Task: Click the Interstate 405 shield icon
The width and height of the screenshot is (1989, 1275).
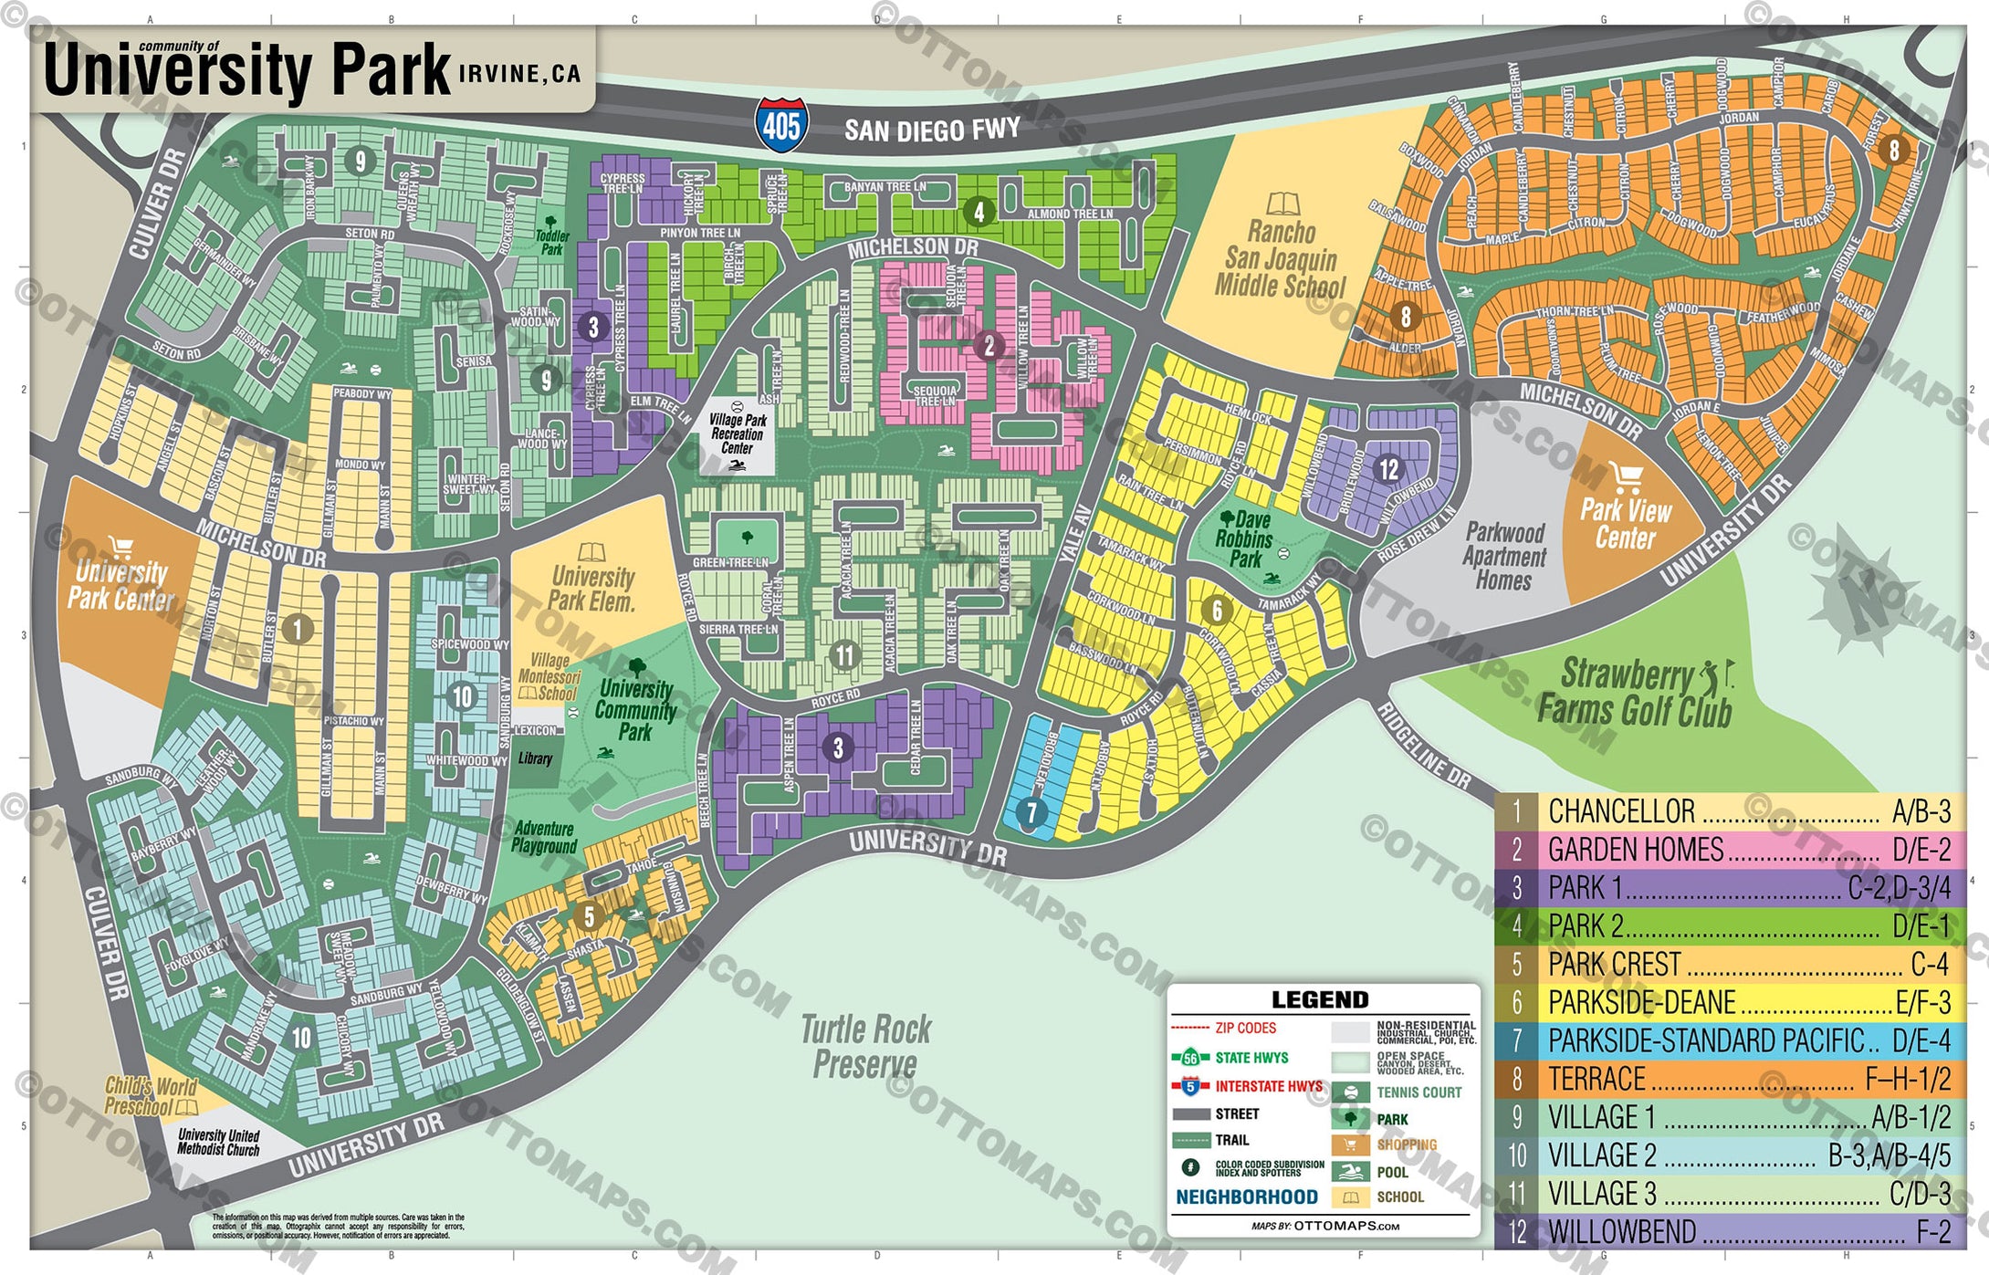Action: [781, 125]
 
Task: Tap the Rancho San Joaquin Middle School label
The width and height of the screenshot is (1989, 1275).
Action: [1281, 259]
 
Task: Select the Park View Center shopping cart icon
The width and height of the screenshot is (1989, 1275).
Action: [1626, 476]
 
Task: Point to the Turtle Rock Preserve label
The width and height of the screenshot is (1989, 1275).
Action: [865, 1046]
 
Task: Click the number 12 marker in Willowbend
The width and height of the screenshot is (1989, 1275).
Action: [1388, 469]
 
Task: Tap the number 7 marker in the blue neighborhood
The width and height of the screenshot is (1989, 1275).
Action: [1031, 811]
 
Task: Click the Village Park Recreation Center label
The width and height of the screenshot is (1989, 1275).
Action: [738, 434]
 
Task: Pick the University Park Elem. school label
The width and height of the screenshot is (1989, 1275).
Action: [592, 589]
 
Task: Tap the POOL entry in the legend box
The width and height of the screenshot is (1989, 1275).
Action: [1392, 1172]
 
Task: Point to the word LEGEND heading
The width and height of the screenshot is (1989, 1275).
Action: [1320, 999]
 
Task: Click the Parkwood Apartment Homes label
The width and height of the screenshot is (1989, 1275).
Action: [1504, 556]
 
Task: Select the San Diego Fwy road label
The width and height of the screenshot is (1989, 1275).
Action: [931, 130]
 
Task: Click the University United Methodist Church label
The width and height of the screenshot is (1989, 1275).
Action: [218, 1142]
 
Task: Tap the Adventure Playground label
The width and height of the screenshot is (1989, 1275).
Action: [544, 837]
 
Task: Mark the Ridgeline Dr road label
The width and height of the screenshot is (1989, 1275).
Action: [1423, 747]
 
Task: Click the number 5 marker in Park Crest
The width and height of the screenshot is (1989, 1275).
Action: [589, 915]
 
